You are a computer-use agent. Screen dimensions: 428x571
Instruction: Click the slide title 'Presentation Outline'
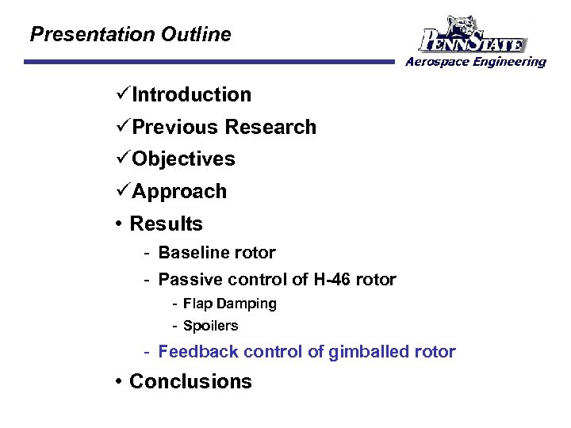point(130,35)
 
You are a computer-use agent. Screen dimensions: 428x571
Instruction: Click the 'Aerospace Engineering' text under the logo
point(476,62)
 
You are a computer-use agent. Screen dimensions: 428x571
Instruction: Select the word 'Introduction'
point(191,95)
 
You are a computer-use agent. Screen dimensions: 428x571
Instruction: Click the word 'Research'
point(270,128)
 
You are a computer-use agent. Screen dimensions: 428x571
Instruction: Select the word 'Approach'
point(179,192)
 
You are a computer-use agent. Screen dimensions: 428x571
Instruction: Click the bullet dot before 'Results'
point(117,224)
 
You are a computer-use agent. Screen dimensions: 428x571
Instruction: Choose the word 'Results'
point(166,224)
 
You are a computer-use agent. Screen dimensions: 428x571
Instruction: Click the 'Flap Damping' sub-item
point(229,304)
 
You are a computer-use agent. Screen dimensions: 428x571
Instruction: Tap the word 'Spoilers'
point(210,326)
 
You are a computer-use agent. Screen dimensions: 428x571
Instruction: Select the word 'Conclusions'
point(190,381)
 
